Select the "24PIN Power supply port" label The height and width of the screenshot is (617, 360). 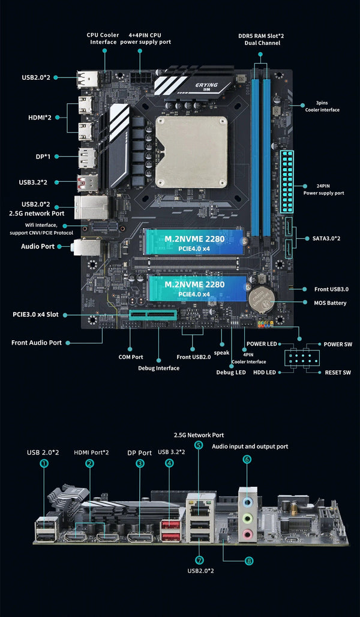coord(323,189)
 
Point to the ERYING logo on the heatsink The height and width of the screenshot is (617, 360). coord(206,85)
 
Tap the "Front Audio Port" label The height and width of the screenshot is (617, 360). coord(37,343)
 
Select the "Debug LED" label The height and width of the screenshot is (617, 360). coord(230,373)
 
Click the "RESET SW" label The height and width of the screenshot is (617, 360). coord(337,373)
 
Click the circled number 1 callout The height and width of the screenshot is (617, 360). coord(43,463)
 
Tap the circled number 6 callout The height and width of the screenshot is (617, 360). coord(247,460)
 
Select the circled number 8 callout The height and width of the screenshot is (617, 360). coord(249,561)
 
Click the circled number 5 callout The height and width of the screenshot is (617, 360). coord(199,445)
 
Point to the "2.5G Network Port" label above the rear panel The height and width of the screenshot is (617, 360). coord(199,435)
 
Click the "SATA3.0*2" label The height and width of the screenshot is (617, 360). coord(326,238)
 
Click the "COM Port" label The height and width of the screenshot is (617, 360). coord(131,357)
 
